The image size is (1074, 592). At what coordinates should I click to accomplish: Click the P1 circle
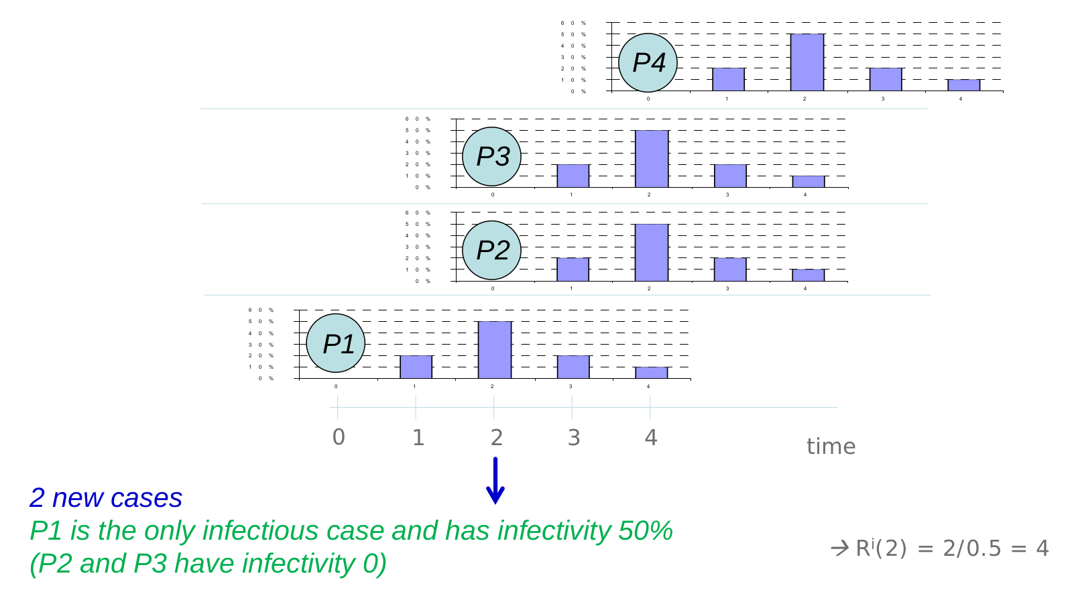click(x=336, y=343)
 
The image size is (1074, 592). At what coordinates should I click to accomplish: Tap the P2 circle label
click(x=492, y=250)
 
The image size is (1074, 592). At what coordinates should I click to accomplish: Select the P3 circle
click(x=492, y=156)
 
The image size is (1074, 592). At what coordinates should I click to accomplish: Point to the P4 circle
click(x=648, y=62)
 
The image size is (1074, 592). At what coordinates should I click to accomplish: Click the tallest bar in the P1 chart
click(x=495, y=350)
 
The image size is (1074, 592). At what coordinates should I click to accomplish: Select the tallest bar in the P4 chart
click(x=807, y=62)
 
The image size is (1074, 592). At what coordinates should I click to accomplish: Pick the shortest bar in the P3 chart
click(x=809, y=182)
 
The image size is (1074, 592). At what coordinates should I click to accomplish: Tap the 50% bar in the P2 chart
click(x=652, y=253)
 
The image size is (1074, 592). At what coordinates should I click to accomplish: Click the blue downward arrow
click(x=495, y=481)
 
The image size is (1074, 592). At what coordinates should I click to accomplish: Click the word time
click(x=831, y=447)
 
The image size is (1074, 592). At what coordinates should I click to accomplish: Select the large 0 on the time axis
click(x=339, y=437)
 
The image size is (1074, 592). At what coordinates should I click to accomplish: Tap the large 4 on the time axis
click(x=651, y=437)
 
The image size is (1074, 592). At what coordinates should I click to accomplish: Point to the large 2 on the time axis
click(x=496, y=437)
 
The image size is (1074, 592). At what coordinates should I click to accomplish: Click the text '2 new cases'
click(x=106, y=498)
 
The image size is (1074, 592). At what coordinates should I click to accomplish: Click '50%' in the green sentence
click(x=646, y=531)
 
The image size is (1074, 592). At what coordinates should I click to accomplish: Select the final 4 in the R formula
click(x=1042, y=548)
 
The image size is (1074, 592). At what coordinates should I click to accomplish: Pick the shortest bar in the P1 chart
click(x=652, y=373)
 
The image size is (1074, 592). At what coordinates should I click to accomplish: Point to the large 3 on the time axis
click(x=574, y=437)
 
